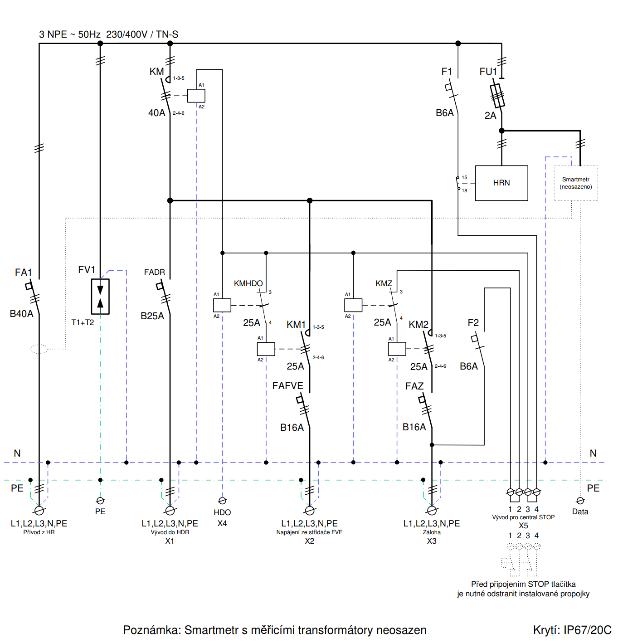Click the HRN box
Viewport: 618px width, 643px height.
[x=501, y=183]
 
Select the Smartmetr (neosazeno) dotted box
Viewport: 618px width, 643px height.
[x=575, y=183]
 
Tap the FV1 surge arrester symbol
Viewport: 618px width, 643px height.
[x=100, y=297]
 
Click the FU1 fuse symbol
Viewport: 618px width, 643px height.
[x=497, y=96]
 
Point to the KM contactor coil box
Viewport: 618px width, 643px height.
[x=196, y=96]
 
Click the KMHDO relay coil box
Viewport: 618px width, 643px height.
[x=222, y=305]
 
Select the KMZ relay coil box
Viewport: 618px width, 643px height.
[x=353, y=305]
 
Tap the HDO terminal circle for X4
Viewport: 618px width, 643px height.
[x=222, y=501]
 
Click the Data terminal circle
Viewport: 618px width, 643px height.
[x=580, y=501]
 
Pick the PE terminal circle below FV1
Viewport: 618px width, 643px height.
[x=100, y=501]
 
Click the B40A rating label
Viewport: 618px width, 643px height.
[x=21, y=314]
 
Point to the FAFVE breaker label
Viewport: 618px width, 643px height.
[x=287, y=386]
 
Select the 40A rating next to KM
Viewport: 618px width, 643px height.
[x=157, y=113]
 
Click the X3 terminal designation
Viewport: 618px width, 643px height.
[x=432, y=541]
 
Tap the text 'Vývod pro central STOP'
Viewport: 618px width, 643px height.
[x=523, y=517]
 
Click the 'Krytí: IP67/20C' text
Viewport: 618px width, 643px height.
[x=572, y=630]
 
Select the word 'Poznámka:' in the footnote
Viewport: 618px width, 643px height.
[x=152, y=630]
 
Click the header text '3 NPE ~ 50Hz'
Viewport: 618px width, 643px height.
[x=70, y=34]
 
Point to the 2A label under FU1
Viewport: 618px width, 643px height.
[x=490, y=116]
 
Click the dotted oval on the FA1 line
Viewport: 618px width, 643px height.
[x=39, y=349]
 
